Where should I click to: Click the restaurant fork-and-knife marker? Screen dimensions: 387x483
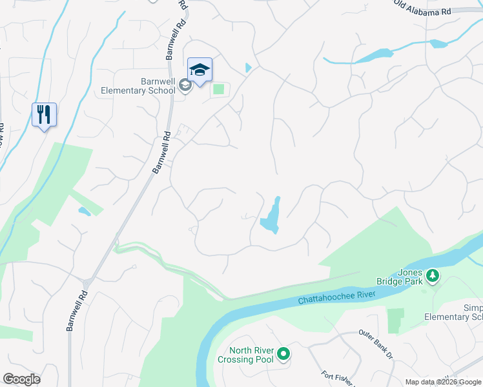(x=44, y=115)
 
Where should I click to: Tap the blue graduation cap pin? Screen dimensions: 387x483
(x=200, y=70)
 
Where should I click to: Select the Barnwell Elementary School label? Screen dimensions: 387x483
(x=138, y=86)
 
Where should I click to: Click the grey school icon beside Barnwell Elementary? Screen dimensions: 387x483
(x=185, y=85)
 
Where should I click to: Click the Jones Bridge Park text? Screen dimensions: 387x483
(x=400, y=277)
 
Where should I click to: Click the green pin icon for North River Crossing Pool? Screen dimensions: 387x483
(x=283, y=354)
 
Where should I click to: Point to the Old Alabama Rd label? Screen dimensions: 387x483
(x=423, y=9)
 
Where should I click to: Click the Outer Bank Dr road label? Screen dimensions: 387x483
(x=375, y=344)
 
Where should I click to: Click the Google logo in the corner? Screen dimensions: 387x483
(x=21, y=379)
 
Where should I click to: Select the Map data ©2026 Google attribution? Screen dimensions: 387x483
(x=443, y=382)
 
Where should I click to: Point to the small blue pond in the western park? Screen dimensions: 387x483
(x=84, y=211)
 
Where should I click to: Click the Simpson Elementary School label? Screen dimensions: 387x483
(x=453, y=312)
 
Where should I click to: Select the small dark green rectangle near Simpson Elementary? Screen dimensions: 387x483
(x=395, y=320)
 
